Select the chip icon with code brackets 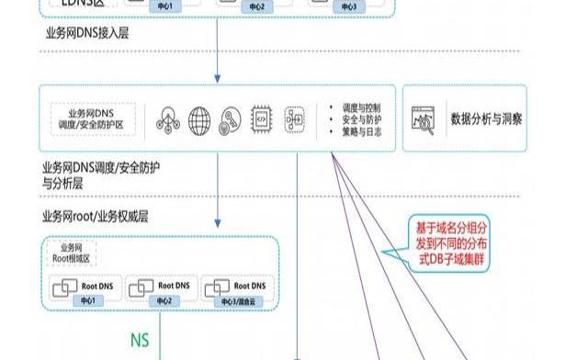point(262,120)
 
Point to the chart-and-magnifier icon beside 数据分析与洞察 point(425,119)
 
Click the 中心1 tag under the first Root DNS point(87,300)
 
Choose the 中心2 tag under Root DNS point(163,300)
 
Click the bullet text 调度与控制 point(360,107)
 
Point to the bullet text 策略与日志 point(360,133)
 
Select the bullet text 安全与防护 point(360,120)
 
